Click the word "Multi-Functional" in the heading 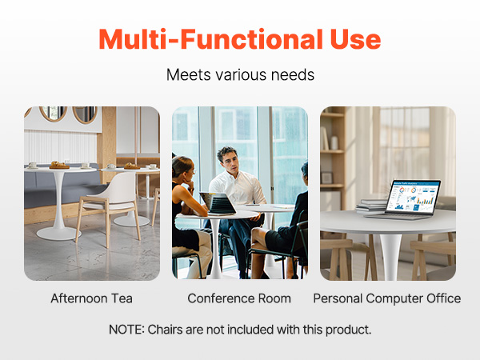point(211,39)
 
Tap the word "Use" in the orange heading point(355,39)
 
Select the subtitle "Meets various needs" point(240,74)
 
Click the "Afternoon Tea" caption point(91,298)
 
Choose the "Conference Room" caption point(239,298)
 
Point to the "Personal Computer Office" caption point(387,298)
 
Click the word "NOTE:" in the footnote point(126,330)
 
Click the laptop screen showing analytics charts point(413,196)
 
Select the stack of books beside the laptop point(371,206)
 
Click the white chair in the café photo point(109,208)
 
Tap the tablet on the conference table point(218,203)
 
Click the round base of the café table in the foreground point(58,234)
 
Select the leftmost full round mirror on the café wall point(54,114)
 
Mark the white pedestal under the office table point(390,257)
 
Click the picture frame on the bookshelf point(326,178)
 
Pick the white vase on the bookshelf point(334,143)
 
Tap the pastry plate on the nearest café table point(59,166)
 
